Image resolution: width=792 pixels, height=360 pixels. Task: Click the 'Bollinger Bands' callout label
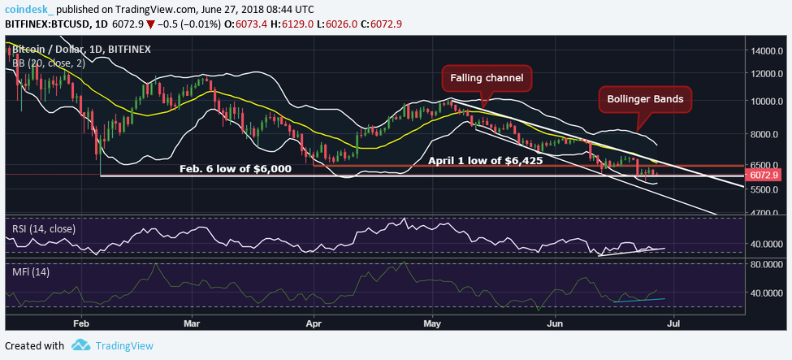(x=645, y=101)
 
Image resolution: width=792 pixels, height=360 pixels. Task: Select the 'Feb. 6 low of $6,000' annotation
(x=236, y=169)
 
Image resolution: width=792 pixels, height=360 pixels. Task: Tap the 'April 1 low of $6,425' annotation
(x=485, y=161)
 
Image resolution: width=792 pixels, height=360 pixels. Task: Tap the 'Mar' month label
(x=192, y=322)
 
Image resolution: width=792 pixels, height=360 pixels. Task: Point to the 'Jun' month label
(x=556, y=322)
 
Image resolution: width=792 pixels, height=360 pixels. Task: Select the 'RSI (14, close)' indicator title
(x=44, y=228)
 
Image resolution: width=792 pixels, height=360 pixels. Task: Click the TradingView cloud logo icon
(x=80, y=345)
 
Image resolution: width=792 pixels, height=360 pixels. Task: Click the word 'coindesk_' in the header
(x=28, y=8)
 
